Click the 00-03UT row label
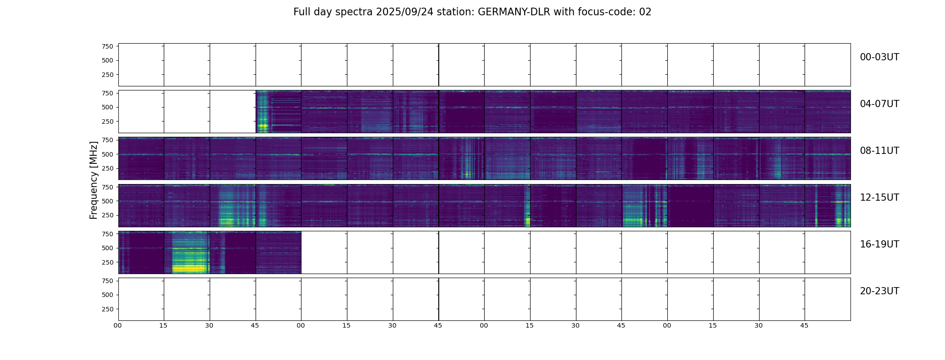(879, 57)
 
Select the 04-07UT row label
(879, 104)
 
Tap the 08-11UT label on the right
(879, 151)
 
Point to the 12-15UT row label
(879, 198)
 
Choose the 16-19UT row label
(879, 244)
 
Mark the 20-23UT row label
(879, 291)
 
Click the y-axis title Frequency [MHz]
(94, 180)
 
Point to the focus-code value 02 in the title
(645, 12)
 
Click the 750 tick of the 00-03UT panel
(107, 46)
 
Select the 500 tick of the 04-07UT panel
(107, 108)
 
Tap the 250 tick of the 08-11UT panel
(107, 169)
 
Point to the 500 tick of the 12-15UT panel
(107, 201)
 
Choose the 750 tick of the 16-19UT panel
(107, 234)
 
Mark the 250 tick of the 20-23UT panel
(107, 309)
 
